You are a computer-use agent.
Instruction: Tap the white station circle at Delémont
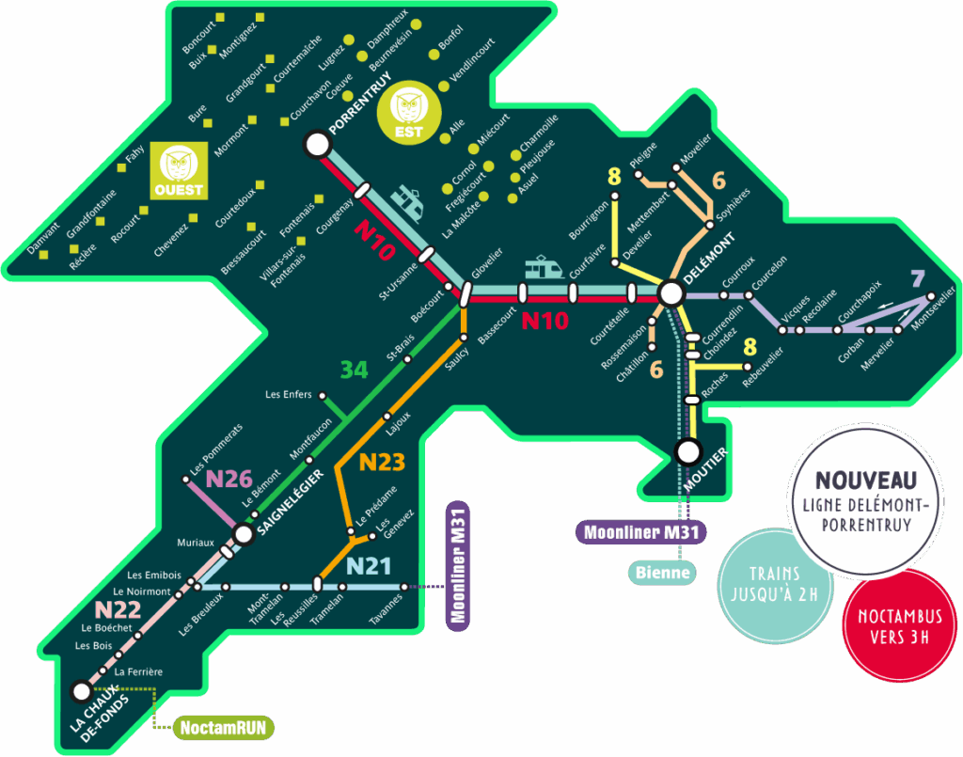(x=671, y=293)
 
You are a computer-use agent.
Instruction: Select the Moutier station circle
(x=688, y=452)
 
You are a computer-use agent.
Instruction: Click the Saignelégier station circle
(x=244, y=534)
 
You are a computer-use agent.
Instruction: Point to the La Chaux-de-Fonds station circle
(x=81, y=691)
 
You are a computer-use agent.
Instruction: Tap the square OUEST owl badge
(x=178, y=171)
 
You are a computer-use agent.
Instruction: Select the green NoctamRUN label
(x=222, y=727)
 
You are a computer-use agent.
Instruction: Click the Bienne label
(x=662, y=572)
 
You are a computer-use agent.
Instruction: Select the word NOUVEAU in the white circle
(x=865, y=480)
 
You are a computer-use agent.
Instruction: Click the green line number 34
(x=354, y=370)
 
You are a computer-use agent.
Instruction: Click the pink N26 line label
(x=229, y=479)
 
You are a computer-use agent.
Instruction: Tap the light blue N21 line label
(x=369, y=565)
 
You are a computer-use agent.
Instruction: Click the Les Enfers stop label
(x=289, y=395)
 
